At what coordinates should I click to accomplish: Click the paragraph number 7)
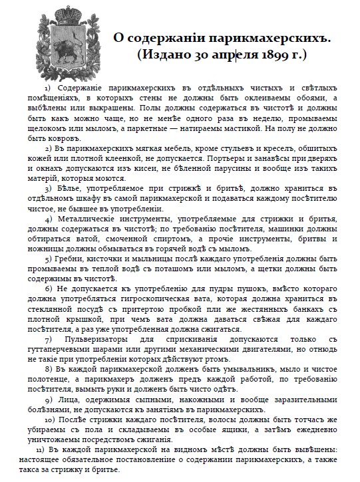point(49,340)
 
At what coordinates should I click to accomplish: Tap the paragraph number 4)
point(49,218)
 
